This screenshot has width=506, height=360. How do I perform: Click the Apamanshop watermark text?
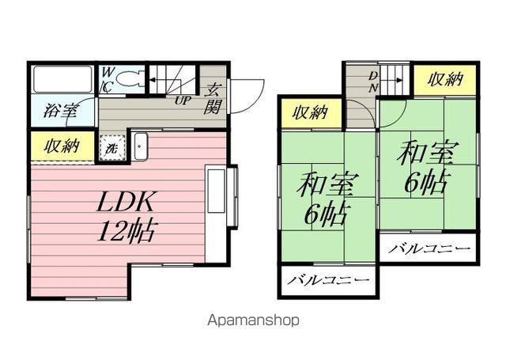253,320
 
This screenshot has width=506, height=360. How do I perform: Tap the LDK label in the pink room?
125,202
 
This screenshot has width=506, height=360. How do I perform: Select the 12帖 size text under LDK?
127,230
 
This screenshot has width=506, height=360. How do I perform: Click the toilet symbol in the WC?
128,79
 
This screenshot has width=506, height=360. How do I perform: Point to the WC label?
108,80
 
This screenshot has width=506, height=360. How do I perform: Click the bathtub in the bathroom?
63,79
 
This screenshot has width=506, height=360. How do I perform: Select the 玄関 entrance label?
213,98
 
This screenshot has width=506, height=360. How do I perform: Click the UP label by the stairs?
183,100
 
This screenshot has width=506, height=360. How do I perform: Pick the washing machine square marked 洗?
112,148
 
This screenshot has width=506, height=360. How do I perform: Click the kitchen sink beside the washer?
141,146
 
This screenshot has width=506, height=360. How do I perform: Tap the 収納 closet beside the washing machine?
62,146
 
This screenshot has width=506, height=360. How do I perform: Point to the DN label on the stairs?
373,81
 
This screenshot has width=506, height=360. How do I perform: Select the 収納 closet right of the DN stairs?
445,80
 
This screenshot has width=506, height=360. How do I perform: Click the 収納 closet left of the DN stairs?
311,113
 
